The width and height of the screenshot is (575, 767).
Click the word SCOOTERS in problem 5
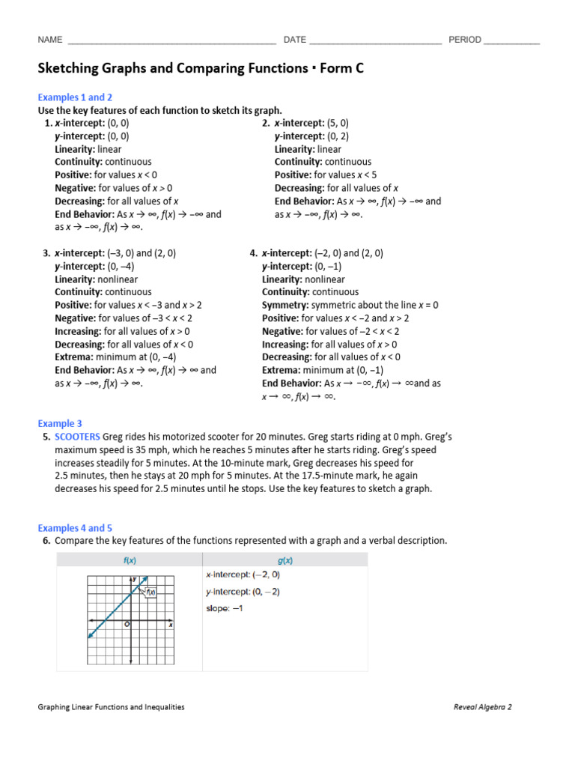[77, 437]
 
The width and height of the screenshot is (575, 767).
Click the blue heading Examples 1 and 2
[75, 97]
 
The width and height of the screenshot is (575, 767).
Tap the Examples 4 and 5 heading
[75, 528]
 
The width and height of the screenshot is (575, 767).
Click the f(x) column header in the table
[130, 560]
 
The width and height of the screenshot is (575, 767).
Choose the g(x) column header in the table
[285, 560]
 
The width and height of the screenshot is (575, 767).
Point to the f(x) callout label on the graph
[150, 592]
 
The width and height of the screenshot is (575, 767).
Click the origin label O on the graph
[127, 623]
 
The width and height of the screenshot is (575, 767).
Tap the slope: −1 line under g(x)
[225, 608]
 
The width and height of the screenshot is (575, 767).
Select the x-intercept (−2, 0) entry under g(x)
[243, 575]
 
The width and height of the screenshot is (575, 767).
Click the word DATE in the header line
[294, 40]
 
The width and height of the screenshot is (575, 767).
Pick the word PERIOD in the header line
[464, 40]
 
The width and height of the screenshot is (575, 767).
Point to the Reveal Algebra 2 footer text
[483, 706]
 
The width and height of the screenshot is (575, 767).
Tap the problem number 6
[46, 540]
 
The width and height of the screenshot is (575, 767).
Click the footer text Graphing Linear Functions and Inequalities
[111, 706]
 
